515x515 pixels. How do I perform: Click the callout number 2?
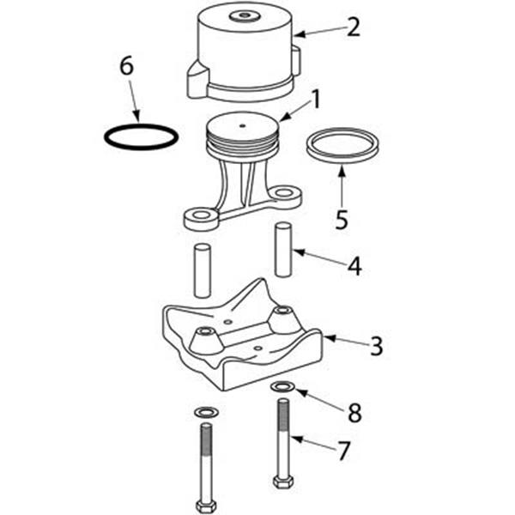coord(353,27)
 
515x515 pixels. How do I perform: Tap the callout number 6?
coord(127,66)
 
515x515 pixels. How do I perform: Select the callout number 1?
coord(316,100)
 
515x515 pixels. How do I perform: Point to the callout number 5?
coord(342,220)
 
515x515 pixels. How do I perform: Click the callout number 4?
coord(354,266)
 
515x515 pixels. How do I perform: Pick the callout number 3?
coord(377,346)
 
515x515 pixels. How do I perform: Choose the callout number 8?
coord(354,413)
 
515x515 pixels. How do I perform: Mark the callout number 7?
coord(344,451)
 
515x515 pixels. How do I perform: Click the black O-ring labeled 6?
coord(142,126)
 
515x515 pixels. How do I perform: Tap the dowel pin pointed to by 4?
coord(283,250)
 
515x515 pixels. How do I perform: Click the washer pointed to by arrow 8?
coord(283,387)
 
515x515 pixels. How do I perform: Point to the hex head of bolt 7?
coord(283,482)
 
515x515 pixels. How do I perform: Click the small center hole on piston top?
coord(242,125)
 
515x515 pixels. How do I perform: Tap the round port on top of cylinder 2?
coord(244,15)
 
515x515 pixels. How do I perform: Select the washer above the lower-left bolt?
coord(207,412)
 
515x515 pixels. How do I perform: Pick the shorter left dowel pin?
coord(202,270)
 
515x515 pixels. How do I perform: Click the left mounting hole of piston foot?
coord(202,215)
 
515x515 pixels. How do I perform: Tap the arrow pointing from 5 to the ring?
coord(342,187)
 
